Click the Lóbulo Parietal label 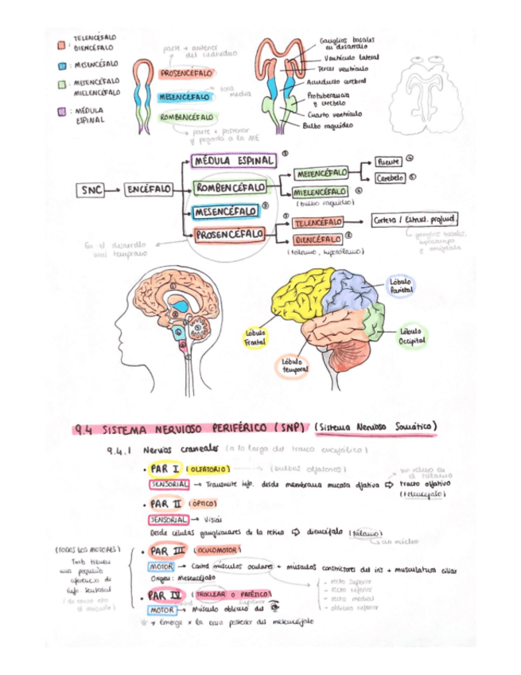(401, 286)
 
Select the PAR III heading (169, 550)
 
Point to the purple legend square (62, 113)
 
